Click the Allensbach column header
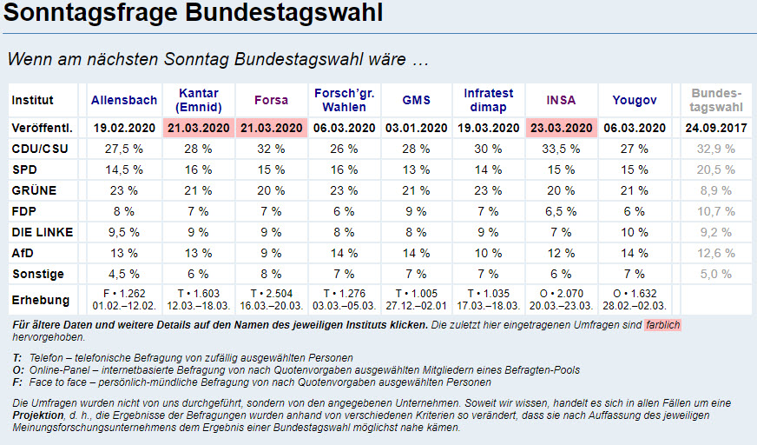[x=124, y=100]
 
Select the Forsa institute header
[x=271, y=100]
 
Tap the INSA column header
[x=561, y=100]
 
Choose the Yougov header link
[x=635, y=100]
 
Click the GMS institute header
[x=417, y=100]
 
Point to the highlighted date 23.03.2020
[x=561, y=127]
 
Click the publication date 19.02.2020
[x=124, y=127]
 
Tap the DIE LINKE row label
[x=42, y=232]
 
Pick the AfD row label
[x=23, y=253]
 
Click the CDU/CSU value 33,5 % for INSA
[x=561, y=149]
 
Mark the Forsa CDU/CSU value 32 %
[x=271, y=149]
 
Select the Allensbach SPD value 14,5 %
[x=124, y=169]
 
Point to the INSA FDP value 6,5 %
[x=561, y=211]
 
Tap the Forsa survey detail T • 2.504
[x=271, y=294]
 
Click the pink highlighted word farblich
[x=662, y=324]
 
